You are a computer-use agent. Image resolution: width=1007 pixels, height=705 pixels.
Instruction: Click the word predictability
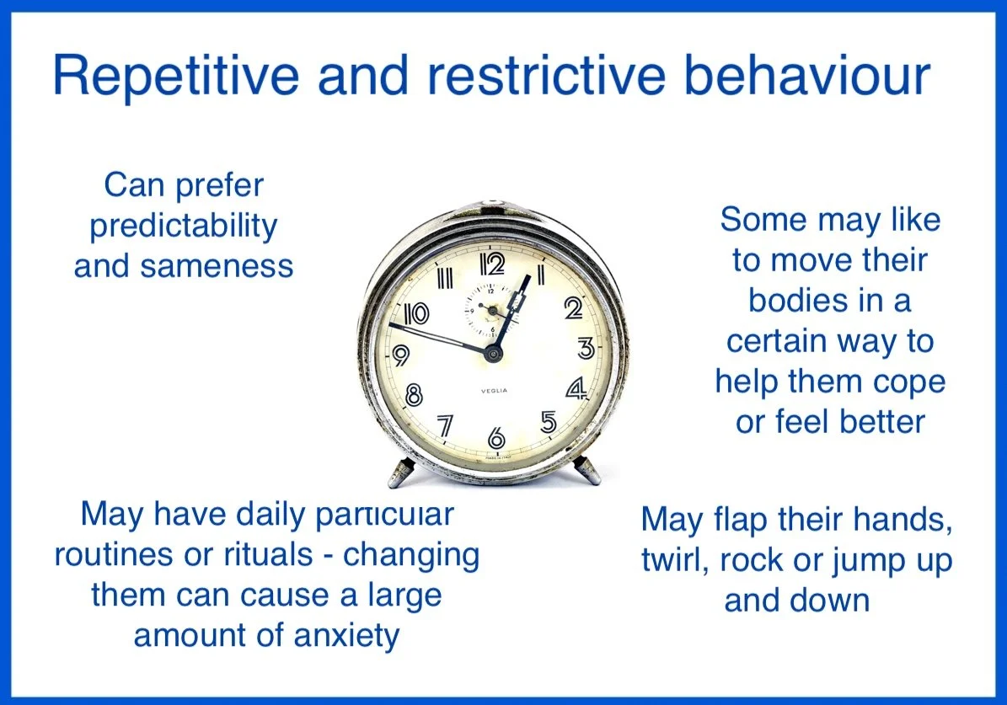(x=184, y=227)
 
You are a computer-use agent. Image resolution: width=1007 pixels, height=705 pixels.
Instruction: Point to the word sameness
(x=217, y=266)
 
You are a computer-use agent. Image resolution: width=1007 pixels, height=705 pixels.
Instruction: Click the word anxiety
(x=346, y=637)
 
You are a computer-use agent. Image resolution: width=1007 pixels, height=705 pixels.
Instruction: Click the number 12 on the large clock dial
(x=492, y=264)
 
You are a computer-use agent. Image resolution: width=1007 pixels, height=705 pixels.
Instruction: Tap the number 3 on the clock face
(x=586, y=348)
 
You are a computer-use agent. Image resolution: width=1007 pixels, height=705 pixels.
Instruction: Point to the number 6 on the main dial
(x=496, y=438)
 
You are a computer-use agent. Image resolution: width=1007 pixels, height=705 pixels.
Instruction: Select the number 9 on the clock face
(x=401, y=355)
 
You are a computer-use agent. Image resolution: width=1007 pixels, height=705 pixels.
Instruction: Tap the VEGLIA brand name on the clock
(x=494, y=390)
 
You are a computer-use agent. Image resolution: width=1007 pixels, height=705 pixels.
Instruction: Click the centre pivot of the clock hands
(x=493, y=353)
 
